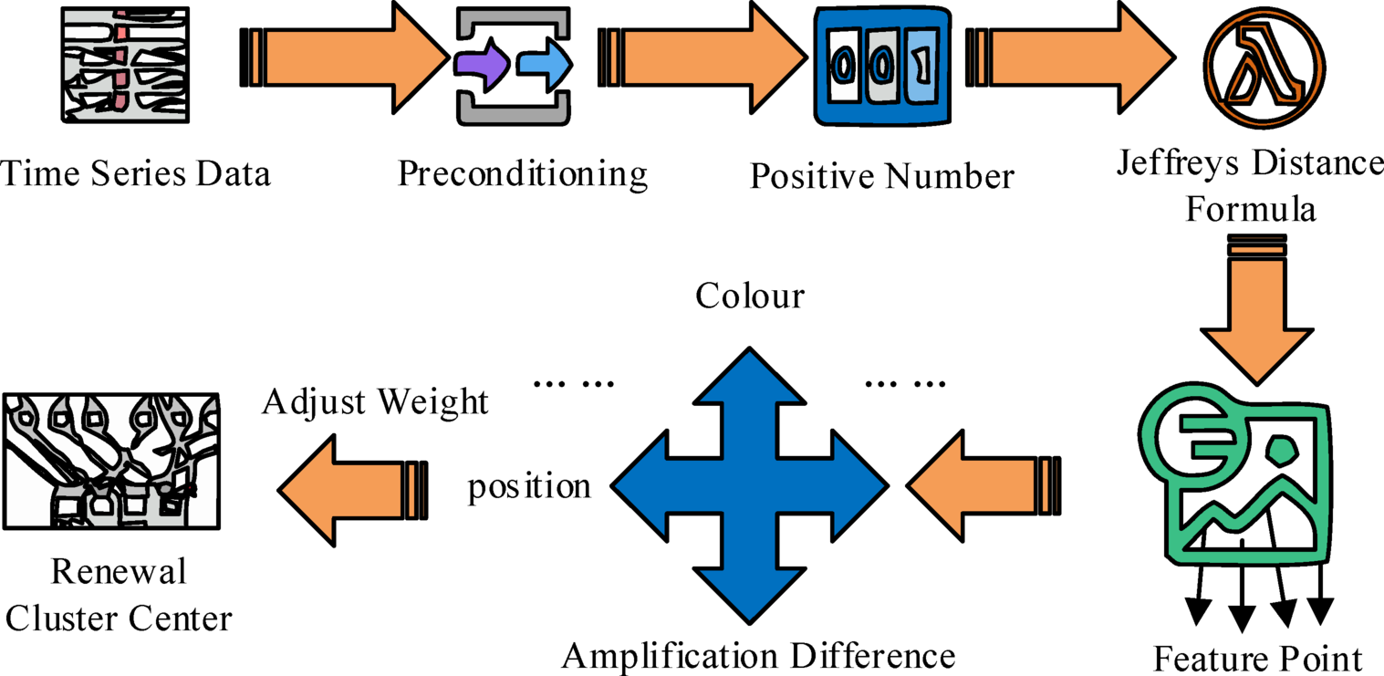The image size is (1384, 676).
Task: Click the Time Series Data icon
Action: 126,66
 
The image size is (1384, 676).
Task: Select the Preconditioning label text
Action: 522,172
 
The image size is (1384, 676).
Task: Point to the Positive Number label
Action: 881,175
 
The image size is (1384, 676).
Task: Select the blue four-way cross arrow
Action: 749,484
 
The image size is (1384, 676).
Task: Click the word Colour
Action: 749,296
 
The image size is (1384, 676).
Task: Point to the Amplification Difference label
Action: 758,655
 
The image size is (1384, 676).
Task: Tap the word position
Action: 529,486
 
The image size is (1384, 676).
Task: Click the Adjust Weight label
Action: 375,401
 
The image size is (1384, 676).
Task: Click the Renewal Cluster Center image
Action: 110,461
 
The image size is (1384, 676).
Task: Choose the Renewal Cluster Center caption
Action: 118,596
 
